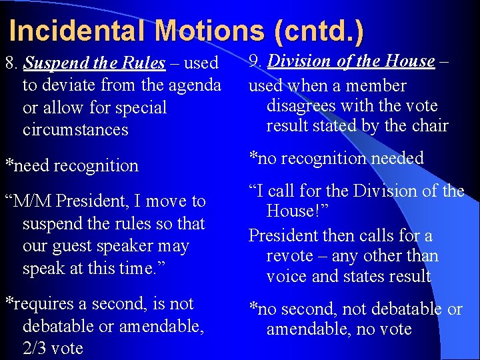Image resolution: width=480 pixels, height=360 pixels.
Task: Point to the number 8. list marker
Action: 11,64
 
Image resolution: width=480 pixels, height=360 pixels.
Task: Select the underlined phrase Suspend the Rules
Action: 94,64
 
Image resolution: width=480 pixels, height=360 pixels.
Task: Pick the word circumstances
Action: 75,129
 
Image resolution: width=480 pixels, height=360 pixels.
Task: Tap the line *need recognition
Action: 71,165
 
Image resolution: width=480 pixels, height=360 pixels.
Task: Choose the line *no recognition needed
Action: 336,159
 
